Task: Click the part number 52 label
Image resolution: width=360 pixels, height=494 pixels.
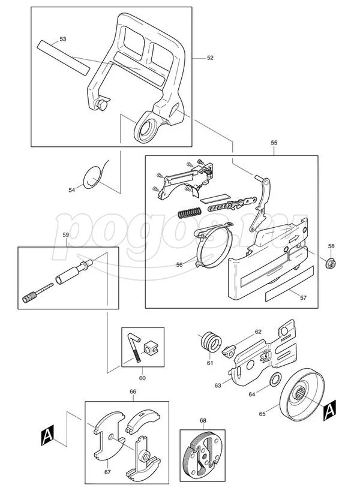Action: point(210,58)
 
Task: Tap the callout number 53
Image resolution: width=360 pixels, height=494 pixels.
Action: point(63,39)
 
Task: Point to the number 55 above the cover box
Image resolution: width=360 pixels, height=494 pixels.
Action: point(274,143)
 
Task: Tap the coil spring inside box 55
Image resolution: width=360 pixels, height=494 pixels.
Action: point(190,211)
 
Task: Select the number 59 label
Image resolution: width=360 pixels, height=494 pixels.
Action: point(66,235)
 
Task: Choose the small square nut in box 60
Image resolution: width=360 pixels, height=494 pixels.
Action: point(151,347)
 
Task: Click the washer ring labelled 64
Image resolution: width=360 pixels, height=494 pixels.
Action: point(277,379)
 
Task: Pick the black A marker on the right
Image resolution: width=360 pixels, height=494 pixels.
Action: point(328,411)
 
